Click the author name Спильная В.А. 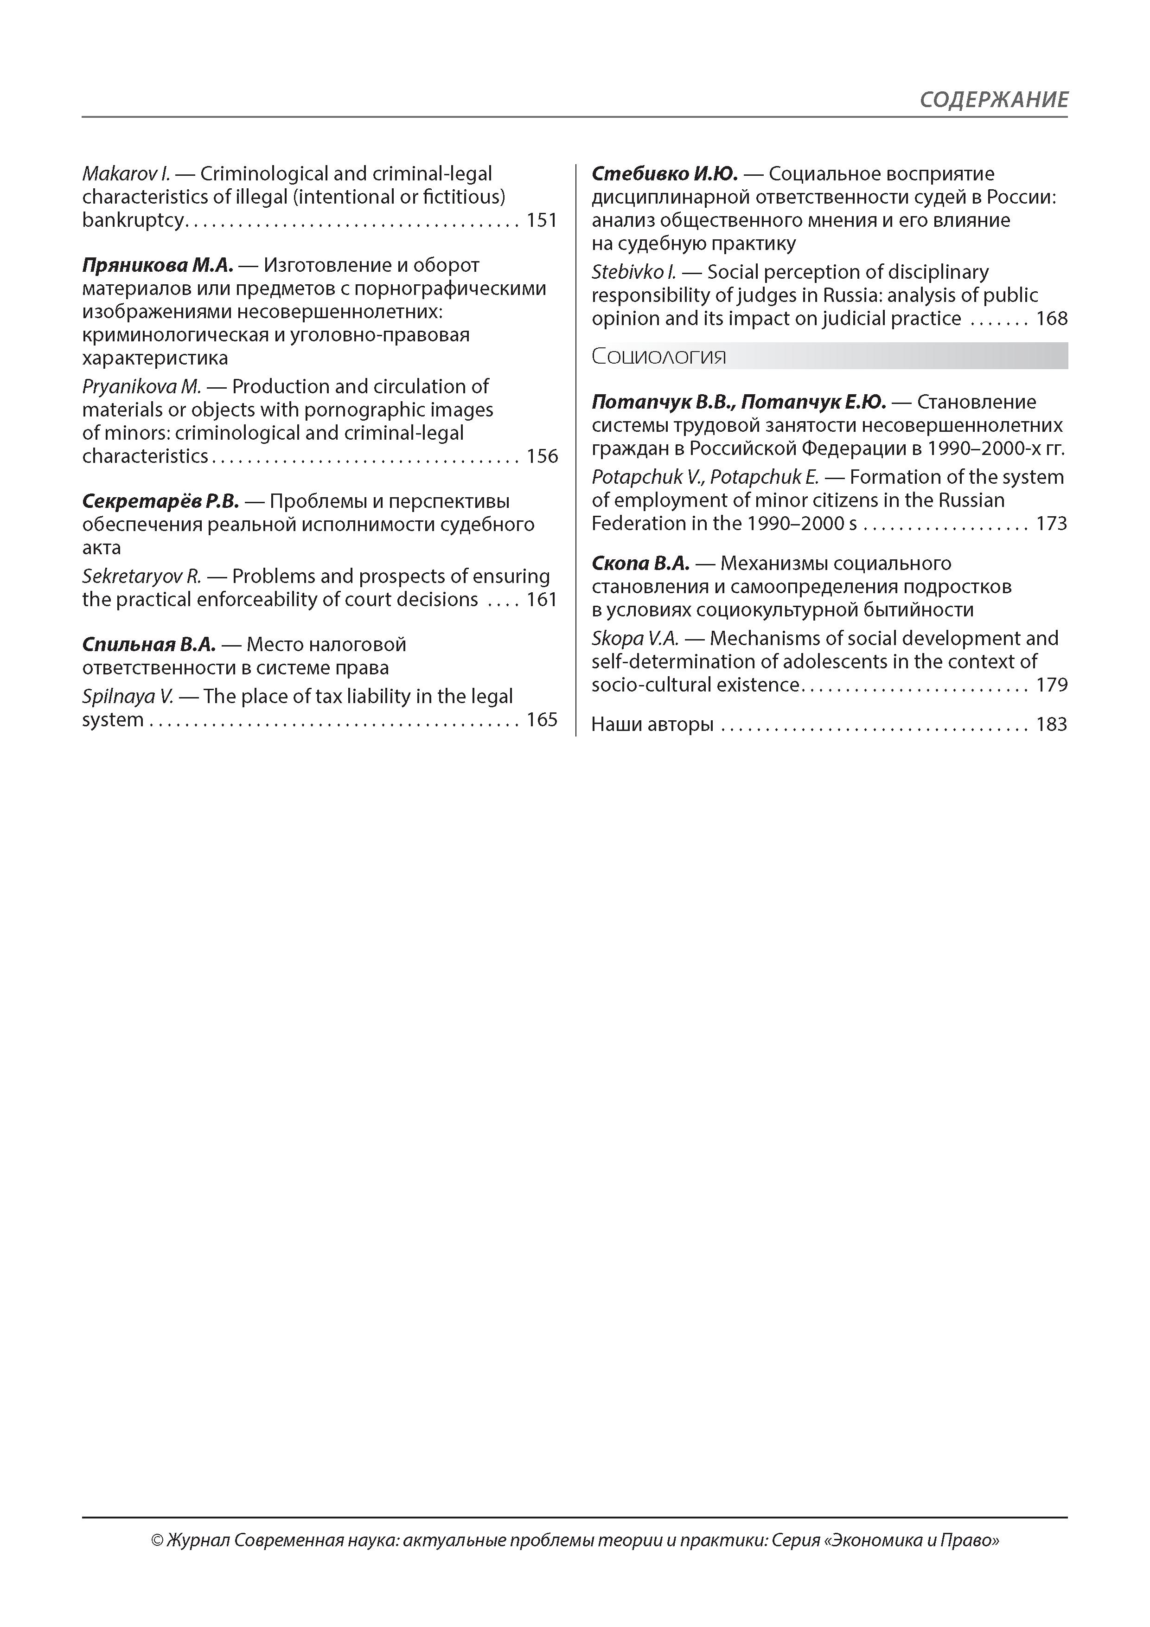pos(149,645)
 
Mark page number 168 pos(1052,319)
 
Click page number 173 pos(1052,524)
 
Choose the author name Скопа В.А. pos(640,564)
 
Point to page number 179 pos(1052,685)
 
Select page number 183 pos(1052,725)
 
